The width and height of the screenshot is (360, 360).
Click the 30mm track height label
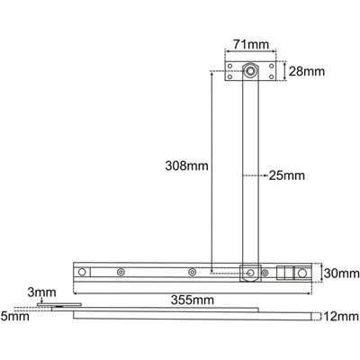point(340,273)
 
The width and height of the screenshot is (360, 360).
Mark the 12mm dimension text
point(340,316)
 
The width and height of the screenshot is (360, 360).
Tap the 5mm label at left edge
point(11,316)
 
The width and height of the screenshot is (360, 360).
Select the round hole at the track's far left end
point(83,272)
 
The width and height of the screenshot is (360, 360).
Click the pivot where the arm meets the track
point(250,272)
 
